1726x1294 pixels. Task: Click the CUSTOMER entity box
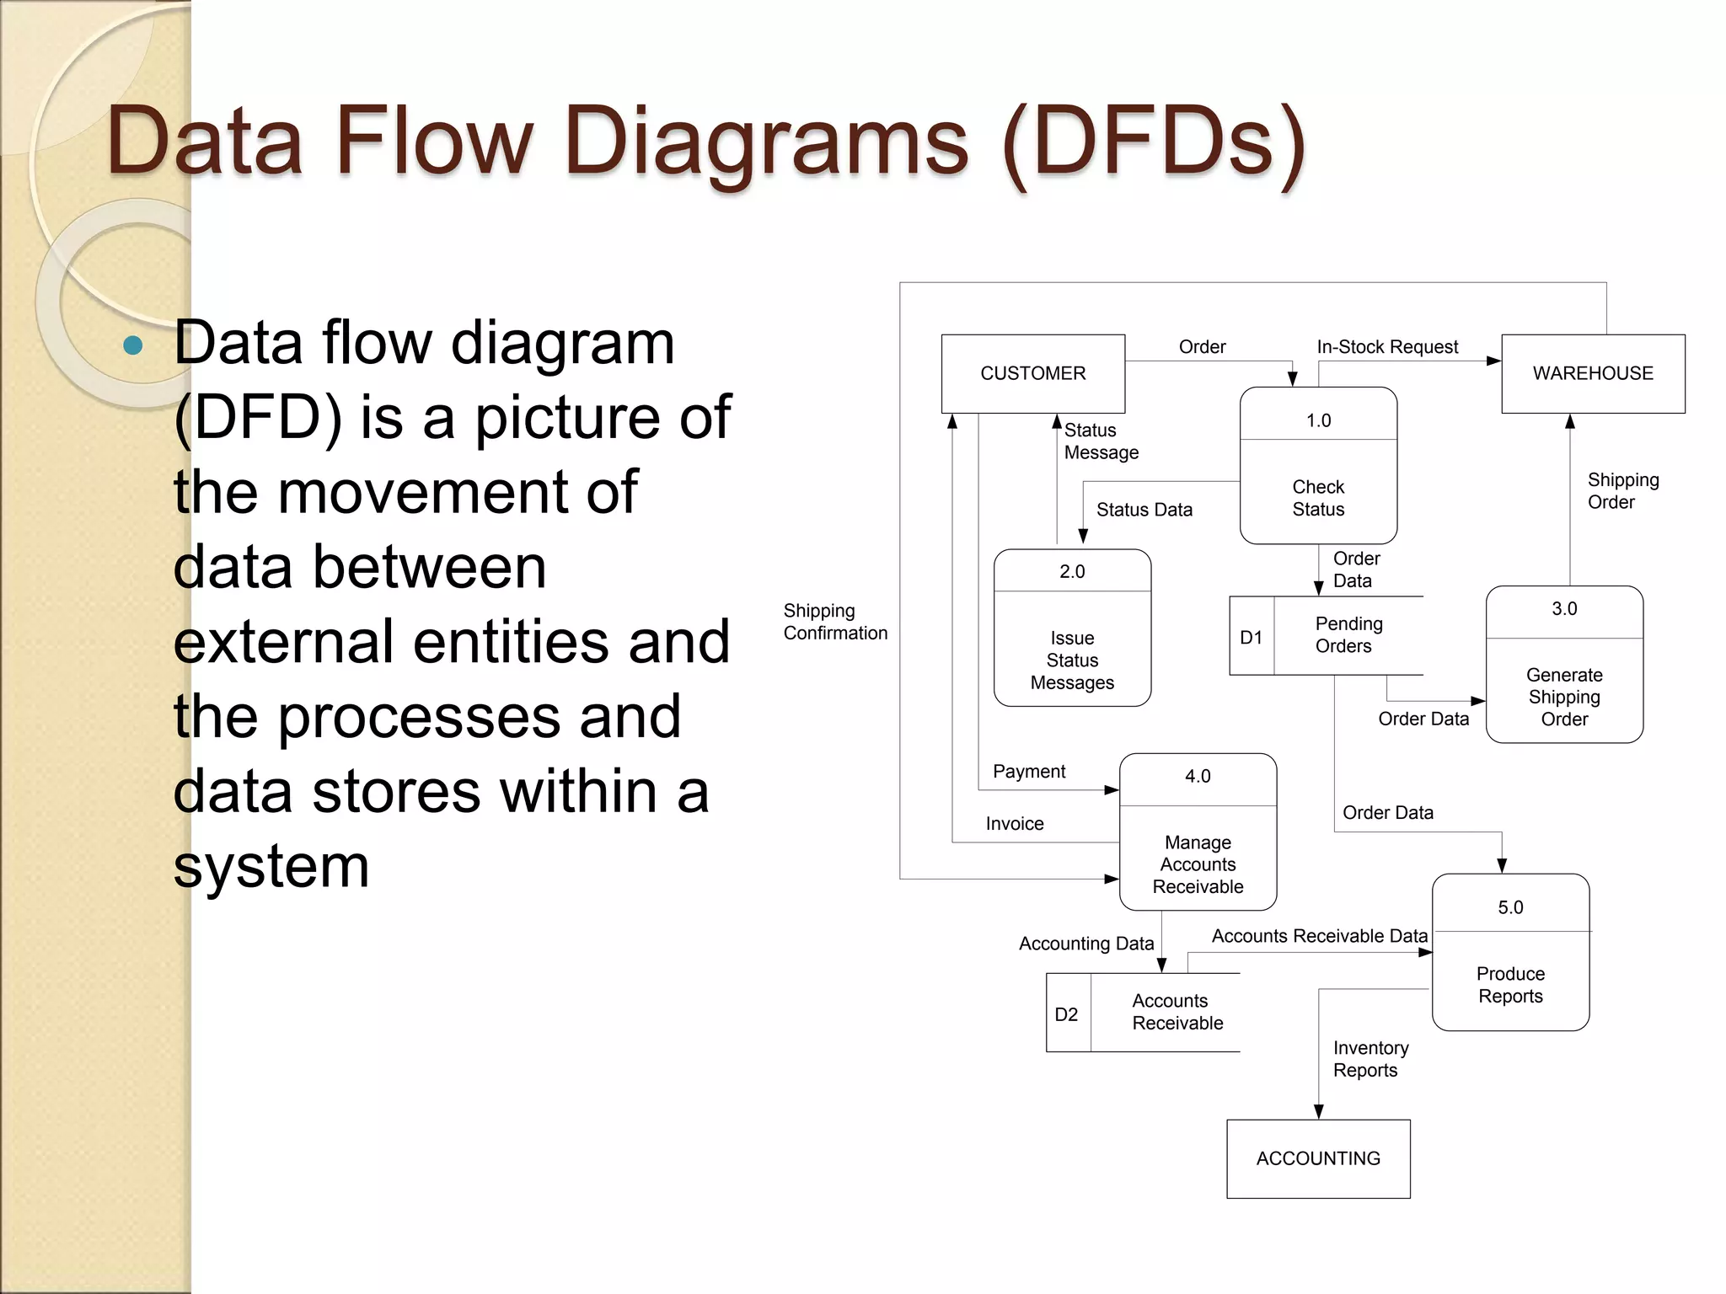coord(1032,373)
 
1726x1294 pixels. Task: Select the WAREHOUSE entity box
coord(1592,373)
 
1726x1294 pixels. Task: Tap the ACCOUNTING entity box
coord(1317,1158)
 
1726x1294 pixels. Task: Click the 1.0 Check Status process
coord(1318,466)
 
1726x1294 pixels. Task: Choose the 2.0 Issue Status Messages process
coord(1072,628)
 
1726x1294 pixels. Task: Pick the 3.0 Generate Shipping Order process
coord(1564,665)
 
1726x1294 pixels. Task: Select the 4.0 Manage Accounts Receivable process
coord(1198,831)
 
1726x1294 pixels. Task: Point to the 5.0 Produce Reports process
coord(1510,952)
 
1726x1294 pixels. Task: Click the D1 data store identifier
coord(1252,637)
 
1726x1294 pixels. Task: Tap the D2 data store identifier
coord(1067,1013)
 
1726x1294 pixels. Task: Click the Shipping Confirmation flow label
coord(834,622)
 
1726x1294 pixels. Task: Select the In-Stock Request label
coord(1387,346)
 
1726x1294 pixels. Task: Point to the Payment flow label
coord(1029,771)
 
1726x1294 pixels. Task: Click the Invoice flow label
coord(1015,823)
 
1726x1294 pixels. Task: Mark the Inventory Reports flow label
coord(1370,1059)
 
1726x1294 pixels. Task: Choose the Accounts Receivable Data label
coord(1319,936)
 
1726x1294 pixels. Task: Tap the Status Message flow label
coord(1100,441)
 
